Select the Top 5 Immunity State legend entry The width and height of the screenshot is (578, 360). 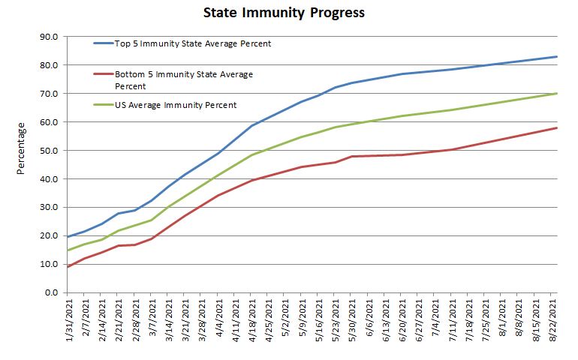[192, 43]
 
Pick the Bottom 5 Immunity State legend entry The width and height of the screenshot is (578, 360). [183, 79]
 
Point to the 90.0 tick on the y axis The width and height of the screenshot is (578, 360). [49, 37]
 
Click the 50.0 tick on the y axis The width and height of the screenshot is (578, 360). [49, 151]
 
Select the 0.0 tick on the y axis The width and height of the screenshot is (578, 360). [51, 292]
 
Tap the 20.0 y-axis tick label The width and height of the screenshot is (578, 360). [49, 235]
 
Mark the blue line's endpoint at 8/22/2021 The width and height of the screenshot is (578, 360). [556, 57]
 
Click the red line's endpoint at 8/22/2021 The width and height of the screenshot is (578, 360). [556, 127]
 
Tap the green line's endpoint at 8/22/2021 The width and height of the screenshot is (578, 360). [556, 94]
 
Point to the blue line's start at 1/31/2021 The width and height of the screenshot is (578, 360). [68, 237]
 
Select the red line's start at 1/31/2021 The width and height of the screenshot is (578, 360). [68, 267]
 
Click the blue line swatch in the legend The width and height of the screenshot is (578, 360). [102, 43]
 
